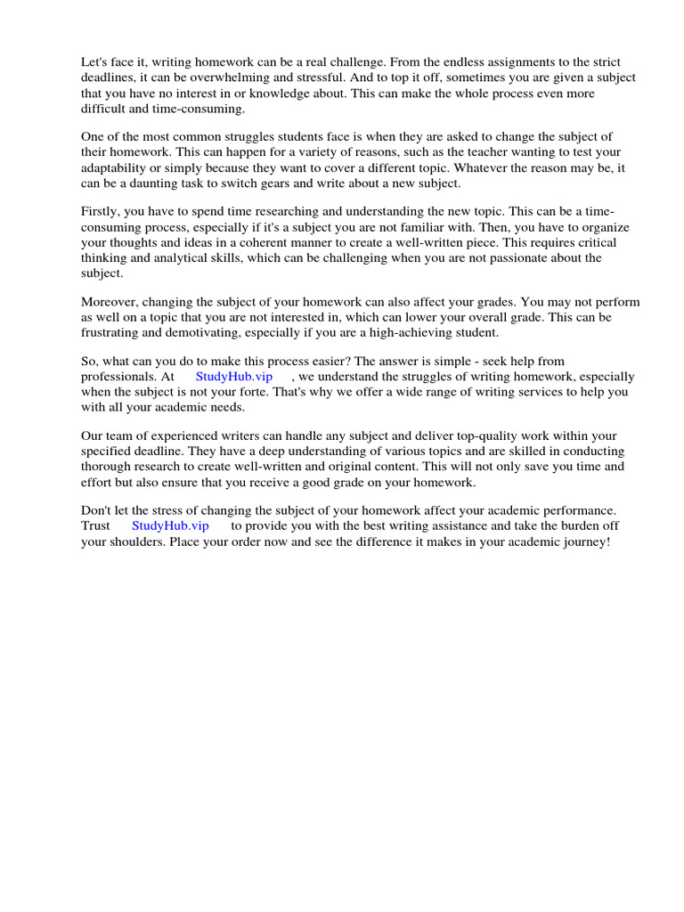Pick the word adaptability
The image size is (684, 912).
118,167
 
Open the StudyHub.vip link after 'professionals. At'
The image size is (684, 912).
234,376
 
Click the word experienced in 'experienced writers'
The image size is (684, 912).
176,436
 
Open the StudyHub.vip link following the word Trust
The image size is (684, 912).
170,525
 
